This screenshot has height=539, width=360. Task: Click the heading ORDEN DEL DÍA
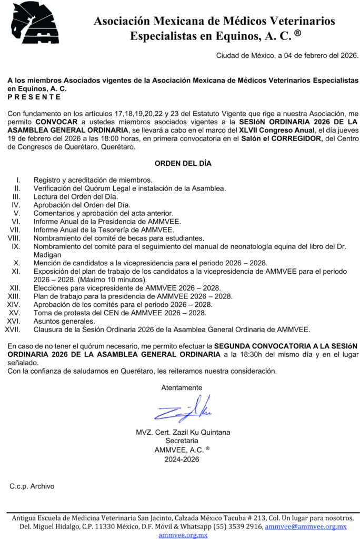click(183, 163)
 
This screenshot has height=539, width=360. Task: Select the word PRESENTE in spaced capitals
click(34, 97)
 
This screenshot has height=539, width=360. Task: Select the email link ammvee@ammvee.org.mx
click(305, 526)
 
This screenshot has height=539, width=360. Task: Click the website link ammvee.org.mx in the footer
click(183, 535)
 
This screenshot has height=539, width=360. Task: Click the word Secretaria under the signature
click(182, 441)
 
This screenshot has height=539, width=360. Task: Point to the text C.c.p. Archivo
click(32, 486)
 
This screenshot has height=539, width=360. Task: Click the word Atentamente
click(182, 387)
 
